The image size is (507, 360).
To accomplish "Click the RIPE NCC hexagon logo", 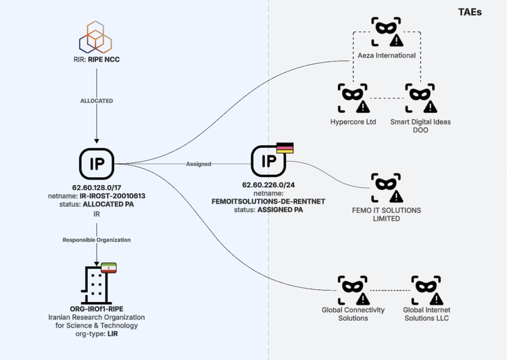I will click(x=96, y=37).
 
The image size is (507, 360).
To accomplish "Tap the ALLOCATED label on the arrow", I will click(x=96, y=101).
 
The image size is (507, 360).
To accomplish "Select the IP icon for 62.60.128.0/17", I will click(x=96, y=163).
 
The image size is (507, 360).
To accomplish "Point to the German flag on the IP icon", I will click(x=285, y=148).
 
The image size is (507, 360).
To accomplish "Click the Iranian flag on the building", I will click(x=108, y=267).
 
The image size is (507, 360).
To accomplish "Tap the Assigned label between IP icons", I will click(x=199, y=164).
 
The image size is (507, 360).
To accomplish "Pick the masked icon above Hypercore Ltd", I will click(x=354, y=98).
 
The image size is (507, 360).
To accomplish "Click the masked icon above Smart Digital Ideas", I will click(x=420, y=98).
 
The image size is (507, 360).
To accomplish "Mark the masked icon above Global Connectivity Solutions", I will click(x=354, y=290).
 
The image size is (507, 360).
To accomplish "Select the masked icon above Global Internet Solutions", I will click(x=427, y=290).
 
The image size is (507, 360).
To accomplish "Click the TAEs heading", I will click(x=470, y=12).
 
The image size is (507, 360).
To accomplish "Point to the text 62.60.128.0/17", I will click(x=96, y=187).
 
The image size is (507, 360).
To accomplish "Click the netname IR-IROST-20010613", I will click(x=96, y=195).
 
